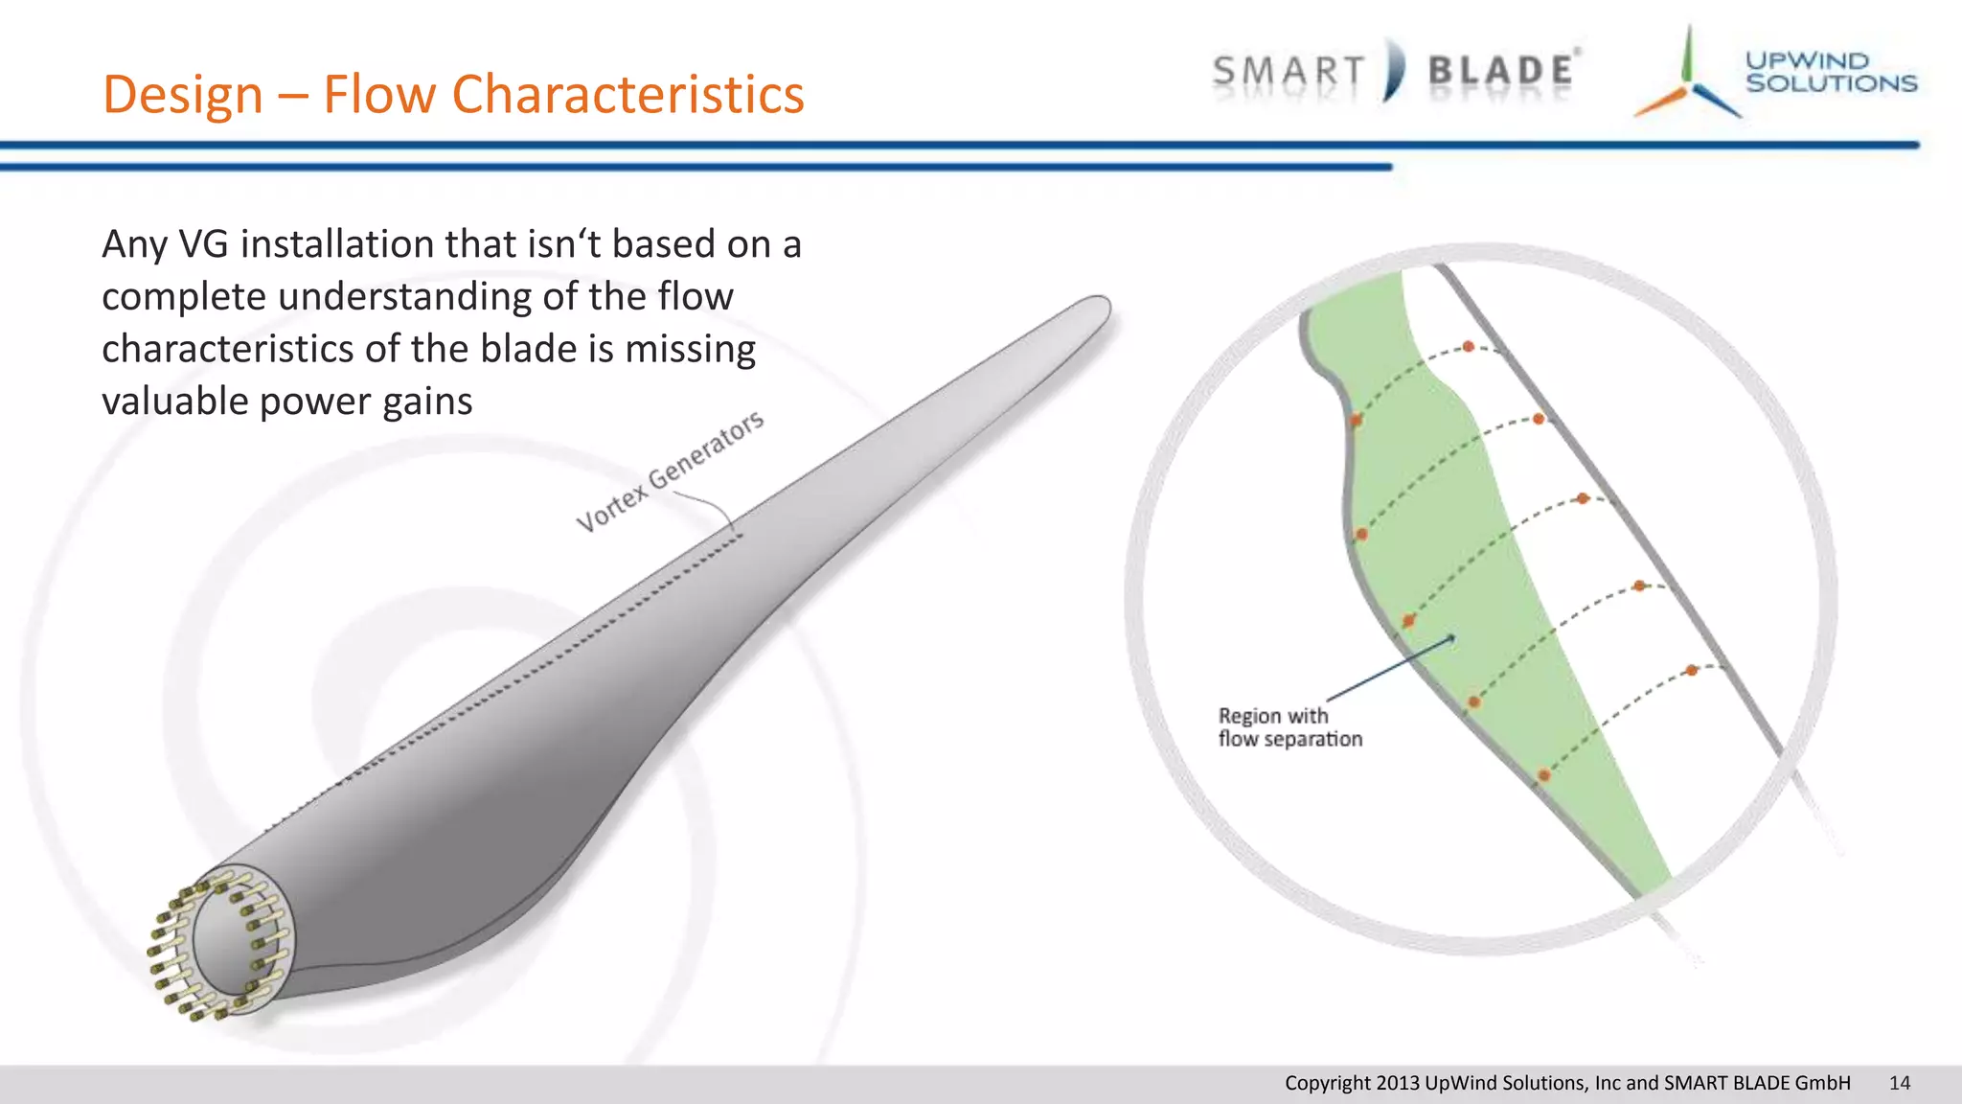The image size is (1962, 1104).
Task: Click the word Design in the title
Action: (183, 95)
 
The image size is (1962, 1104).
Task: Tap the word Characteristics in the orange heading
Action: (627, 95)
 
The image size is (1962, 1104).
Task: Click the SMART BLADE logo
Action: (1395, 71)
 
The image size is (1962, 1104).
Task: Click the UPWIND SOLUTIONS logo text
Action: (1830, 72)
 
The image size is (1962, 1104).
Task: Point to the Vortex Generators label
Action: (670, 471)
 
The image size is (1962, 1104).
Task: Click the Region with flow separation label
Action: (1289, 727)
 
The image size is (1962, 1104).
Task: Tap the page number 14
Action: (1899, 1083)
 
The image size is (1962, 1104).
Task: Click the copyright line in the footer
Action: (1566, 1083)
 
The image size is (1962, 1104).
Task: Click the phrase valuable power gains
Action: (286, 401)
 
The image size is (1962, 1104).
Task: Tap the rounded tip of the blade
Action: (1096, 310)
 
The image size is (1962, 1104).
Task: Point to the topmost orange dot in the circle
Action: (1468, 346)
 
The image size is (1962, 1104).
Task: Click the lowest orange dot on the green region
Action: (1543, 774)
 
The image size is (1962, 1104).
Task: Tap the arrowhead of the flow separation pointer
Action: (1451, 636)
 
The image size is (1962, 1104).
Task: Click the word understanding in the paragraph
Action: (404, 297)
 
